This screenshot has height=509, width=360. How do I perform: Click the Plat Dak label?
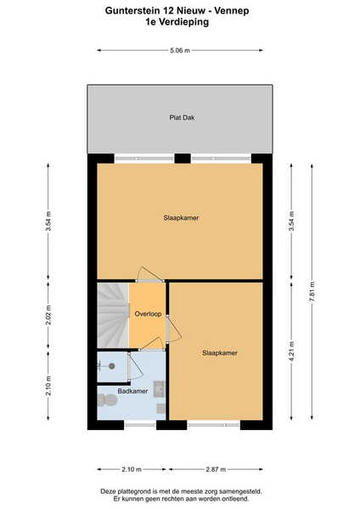click(182, 118)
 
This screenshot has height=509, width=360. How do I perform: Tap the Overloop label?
click(148, 314)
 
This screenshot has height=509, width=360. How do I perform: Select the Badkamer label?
click(132, 391)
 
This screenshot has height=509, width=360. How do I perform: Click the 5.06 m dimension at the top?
click(180, 50)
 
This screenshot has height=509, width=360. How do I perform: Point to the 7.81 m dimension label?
click(312, 292)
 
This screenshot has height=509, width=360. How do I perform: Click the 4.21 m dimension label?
click(291, 352)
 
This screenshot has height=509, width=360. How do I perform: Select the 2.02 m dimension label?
click(48, 316)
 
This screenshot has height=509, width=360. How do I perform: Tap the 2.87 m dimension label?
click(216, 469)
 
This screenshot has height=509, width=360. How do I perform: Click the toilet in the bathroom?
click(107, 400)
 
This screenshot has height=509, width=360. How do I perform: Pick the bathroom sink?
click(159, 389)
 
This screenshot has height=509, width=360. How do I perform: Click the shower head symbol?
click(112, 366)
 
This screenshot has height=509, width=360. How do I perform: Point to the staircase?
click(114, 316)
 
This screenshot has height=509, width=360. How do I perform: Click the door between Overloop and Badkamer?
click(150, 344)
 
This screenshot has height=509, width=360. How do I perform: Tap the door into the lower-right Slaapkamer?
click(173, 329)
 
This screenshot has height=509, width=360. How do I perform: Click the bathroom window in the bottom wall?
click(140, 425)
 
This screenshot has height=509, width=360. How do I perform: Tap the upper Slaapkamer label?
click(181, 218)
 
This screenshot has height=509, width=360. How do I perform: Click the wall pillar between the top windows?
click(183, 159)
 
